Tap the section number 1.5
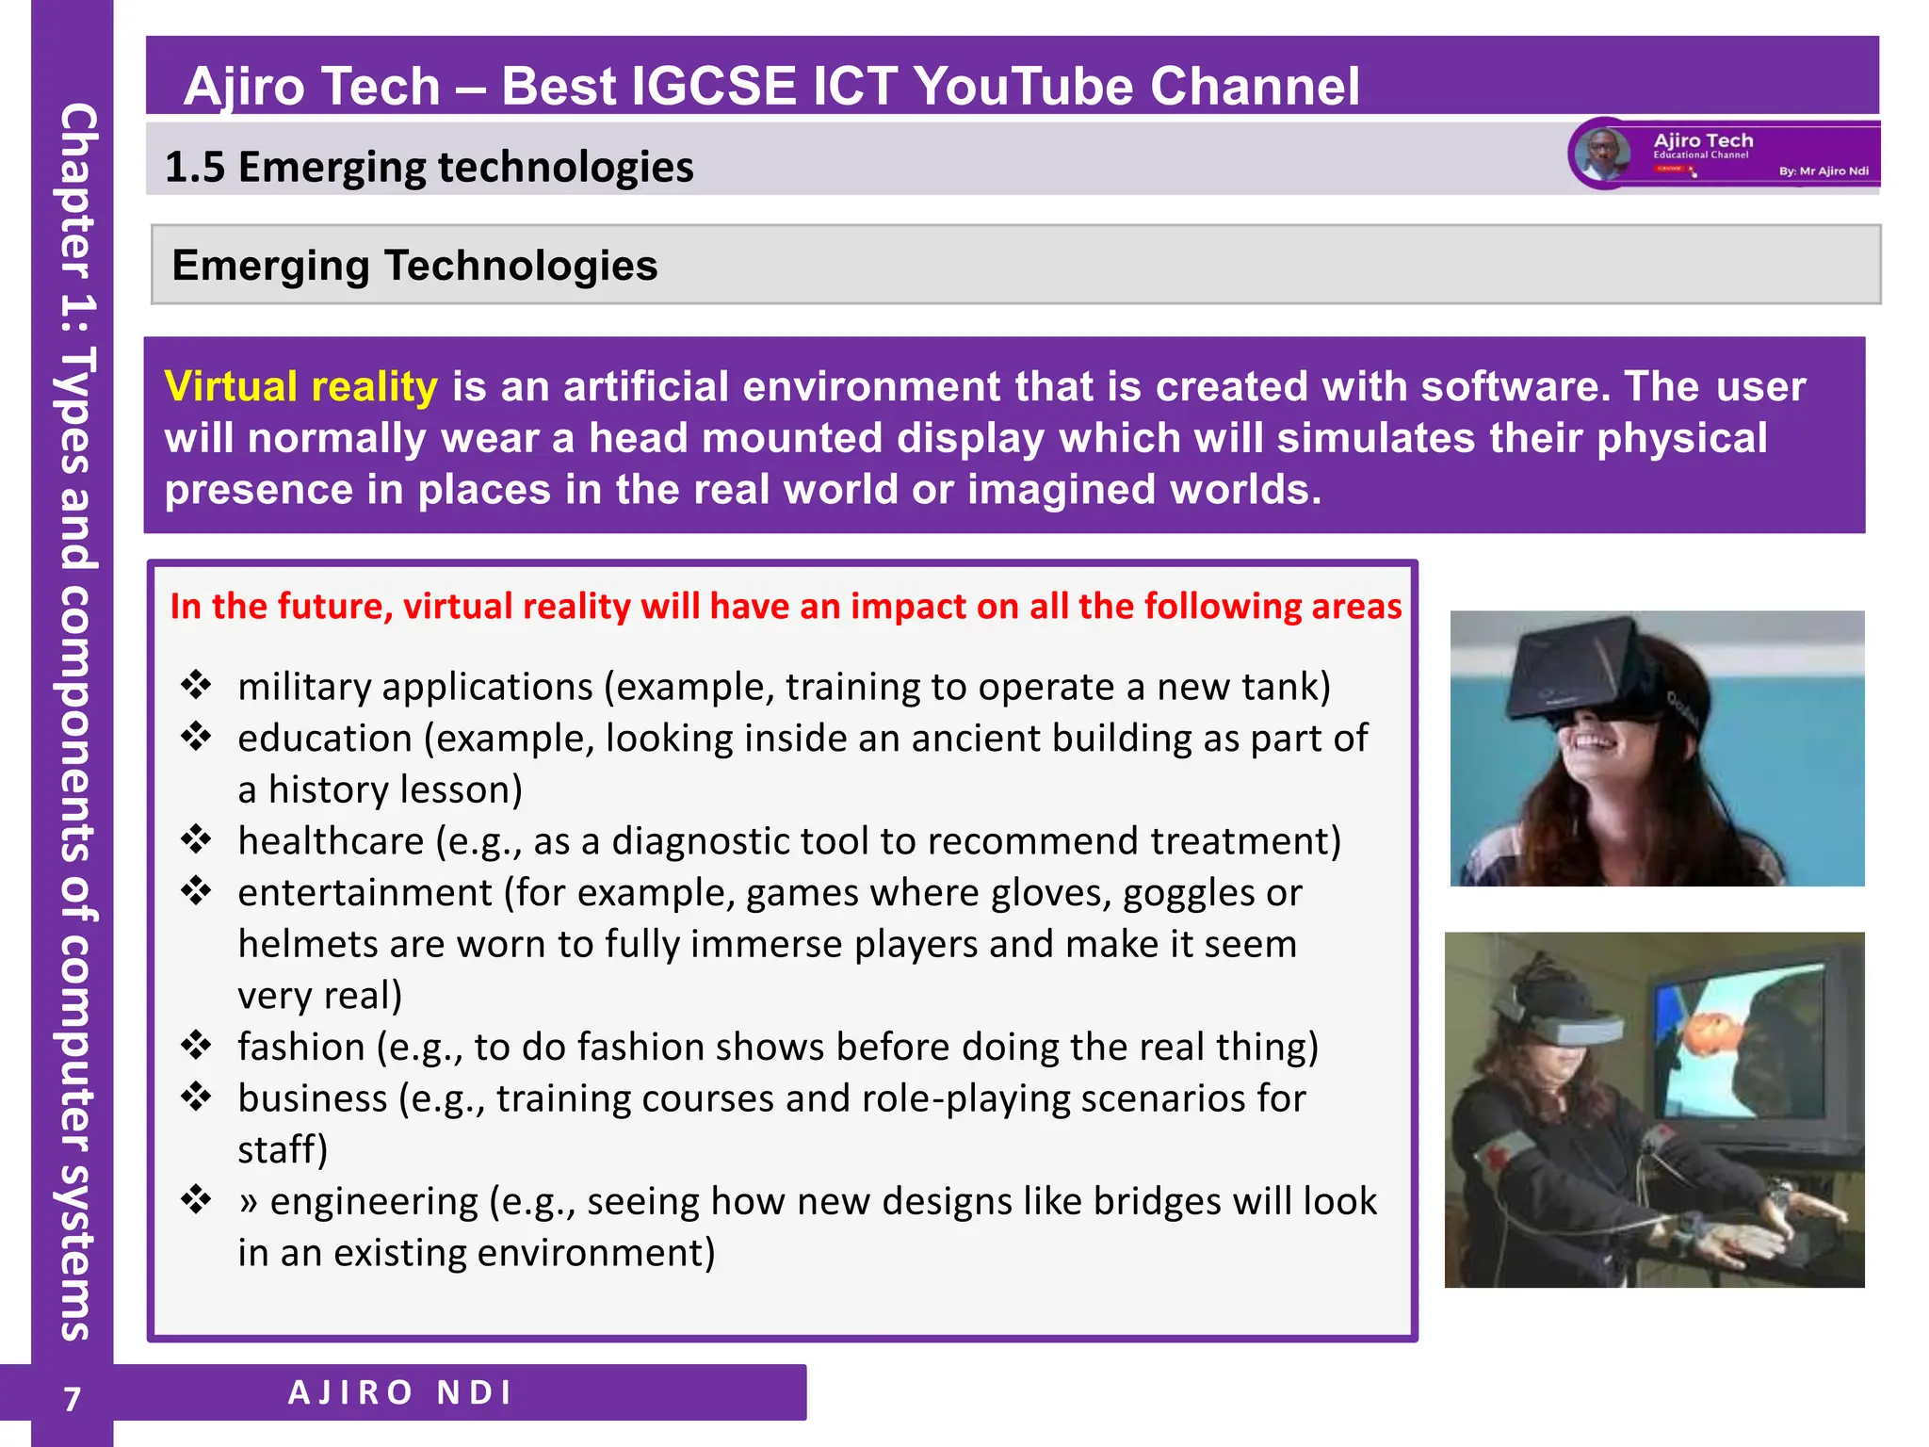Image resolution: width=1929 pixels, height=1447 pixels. pyautogui.click(x=195, y=168)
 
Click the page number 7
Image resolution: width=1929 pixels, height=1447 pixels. pyautogui.click(x=73, y=1399)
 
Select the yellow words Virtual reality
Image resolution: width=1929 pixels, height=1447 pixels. pyautogui.click(x=300, y=387)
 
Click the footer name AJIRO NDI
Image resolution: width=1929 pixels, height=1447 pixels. pyautogui.click(x=400, y=1392)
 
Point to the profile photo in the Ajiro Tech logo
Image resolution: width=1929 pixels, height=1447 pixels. pyautogui.click(x=1603, y=154)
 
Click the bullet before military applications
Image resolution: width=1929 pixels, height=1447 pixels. pyautogui.click(x=196, y=685)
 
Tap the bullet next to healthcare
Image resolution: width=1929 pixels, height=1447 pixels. pyautogui.click(x=196, y=838)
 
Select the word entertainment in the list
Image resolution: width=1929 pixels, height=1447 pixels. pyautogui.click(x=365, y=892)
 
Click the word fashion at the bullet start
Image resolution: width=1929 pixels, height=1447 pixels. pyautogui.click(x=300, y=1047)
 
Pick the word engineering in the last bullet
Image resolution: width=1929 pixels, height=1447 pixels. pyautogui.click(x=374, y=1201)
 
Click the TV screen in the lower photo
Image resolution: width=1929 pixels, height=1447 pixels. pyautogui.click(x=1743, y=1046)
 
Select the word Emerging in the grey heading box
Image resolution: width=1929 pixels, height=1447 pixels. pyautogui.click(x=270, y=266)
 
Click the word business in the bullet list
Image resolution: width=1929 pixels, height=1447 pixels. pyautogui.click(x=312, y=1098)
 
